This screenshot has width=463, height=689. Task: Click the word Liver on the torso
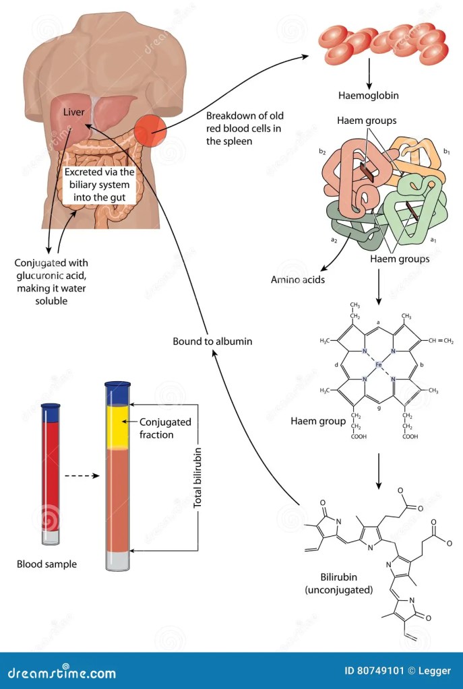tap(73, 111)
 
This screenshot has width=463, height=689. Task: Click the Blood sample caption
tap(47, 564)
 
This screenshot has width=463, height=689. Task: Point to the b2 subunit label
tap(323, 152)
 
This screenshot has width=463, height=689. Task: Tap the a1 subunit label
tap(434, 240)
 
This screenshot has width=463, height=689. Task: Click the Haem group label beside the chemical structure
tap(318, 422)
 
